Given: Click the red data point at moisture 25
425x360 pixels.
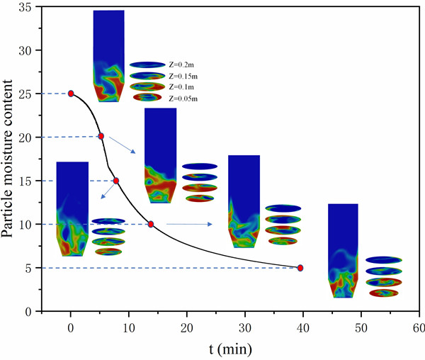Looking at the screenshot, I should [x=71, y=94].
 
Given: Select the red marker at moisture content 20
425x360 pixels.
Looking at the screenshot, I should [x=101, y=136].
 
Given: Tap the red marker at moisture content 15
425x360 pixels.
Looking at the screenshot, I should [x=116, y=181].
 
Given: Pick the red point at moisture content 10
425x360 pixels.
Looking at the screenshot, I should [x=151, y=224].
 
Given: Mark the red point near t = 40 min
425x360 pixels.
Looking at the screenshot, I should [x=300, y=268].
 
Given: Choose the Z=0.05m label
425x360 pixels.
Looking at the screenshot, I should [x=183, y=98].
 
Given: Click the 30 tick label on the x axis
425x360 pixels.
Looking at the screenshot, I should [x=245, y=328].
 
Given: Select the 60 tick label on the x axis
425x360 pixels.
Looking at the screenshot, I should [x=419, y=328].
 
